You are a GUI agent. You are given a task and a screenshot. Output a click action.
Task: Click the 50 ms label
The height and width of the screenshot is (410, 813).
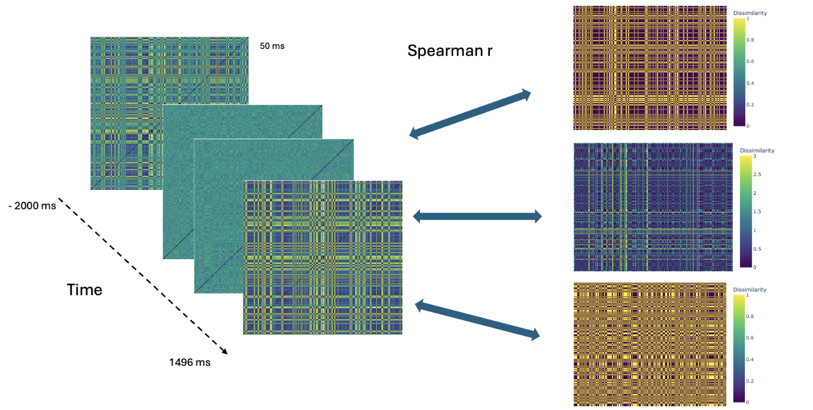pyautogui.click(x=272, y=45)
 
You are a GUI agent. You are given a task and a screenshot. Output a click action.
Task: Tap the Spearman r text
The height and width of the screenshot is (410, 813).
pyautogui.click(x=450, y=51)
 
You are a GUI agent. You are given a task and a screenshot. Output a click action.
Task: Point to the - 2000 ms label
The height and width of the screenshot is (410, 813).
pyautogui.click(x=32, y=205)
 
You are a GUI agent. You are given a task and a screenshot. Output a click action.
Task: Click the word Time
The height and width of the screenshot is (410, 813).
pyautogui.click(x=85, y=289)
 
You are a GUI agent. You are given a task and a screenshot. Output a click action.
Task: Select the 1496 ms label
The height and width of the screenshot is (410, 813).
pyautogui.click(x=190, y=362)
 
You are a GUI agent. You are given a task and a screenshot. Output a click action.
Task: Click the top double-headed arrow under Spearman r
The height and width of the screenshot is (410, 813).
pyautogui.click(x=470, y=114)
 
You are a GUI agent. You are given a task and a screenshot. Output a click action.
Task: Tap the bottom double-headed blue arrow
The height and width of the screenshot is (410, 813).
pyautogui.click(x=477, y=320)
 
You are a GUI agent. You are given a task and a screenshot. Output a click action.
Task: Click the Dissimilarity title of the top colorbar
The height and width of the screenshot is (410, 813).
pyautogui.click(x=753, y=12)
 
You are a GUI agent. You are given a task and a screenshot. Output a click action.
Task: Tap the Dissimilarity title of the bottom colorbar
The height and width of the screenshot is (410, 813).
pyautogui.click(x=753, y=289)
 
